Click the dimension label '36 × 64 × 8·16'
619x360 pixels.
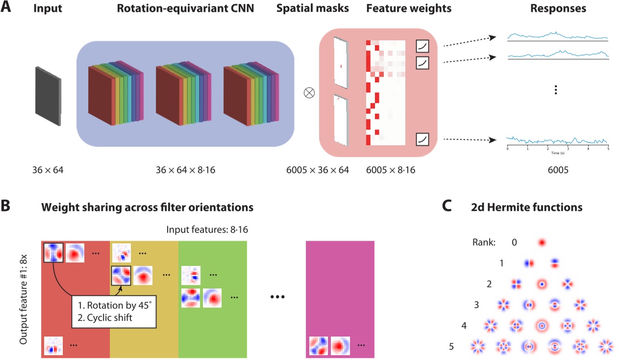[x=185, y=170]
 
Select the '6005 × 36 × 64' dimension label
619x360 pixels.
[x=318, y=170]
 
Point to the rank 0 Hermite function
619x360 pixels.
[x=542, y=242]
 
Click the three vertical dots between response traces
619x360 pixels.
[x=555, y=90]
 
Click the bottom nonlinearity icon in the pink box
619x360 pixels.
[x=422, y=139]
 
